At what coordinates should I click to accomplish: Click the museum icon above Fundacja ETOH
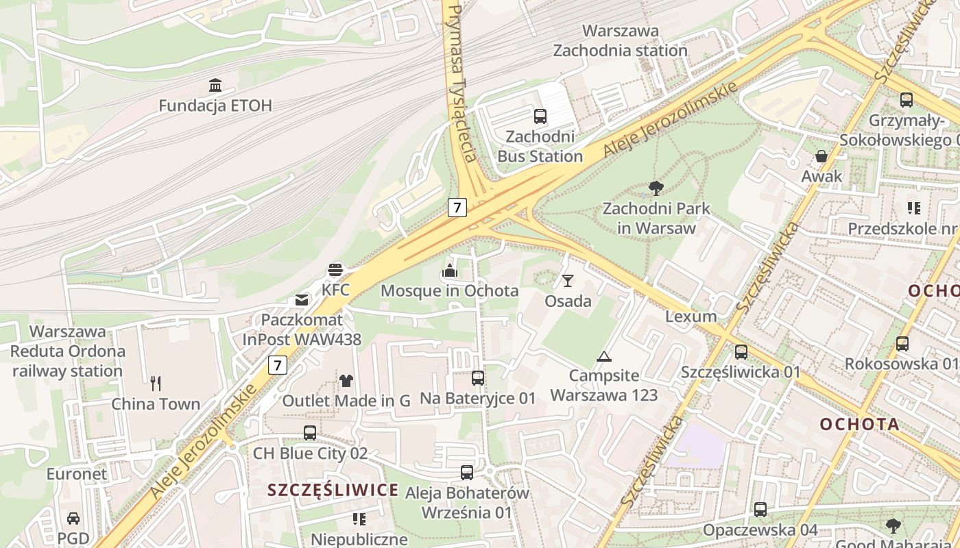click(215, 86)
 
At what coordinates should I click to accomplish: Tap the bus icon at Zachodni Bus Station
click(540, 116)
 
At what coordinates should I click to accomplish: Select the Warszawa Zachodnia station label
click(620, 40)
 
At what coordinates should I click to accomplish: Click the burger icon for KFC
click(335, 270)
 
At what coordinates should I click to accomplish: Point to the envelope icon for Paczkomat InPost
click(302, 300)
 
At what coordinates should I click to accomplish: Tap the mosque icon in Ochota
click(450, 271)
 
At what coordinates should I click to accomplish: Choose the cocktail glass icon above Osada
click(568, 281)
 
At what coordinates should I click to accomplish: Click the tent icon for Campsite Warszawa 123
click(603, 356)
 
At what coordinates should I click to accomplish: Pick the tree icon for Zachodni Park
click(656, 188)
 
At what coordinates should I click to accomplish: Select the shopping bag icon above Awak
click(821, 156)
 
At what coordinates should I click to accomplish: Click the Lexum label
click(691, 316)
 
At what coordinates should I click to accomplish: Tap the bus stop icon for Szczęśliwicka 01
click(741, 352)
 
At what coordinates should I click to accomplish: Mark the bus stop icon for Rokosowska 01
click(902, 344)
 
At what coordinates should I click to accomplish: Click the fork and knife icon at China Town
click(156, 384)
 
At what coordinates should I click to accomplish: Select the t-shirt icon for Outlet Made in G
click(346, 380)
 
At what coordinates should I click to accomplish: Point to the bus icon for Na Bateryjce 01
click(478, 377)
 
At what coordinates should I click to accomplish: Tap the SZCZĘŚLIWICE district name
click(333, 490)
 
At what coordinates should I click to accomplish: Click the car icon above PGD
click(73, 519)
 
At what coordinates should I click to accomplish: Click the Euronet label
click(77, 473)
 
